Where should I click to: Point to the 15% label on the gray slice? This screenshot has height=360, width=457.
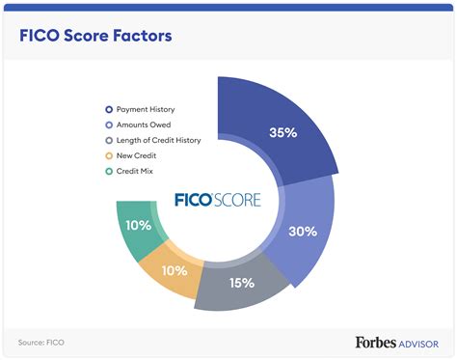241,283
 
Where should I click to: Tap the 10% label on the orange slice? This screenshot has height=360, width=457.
175,270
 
